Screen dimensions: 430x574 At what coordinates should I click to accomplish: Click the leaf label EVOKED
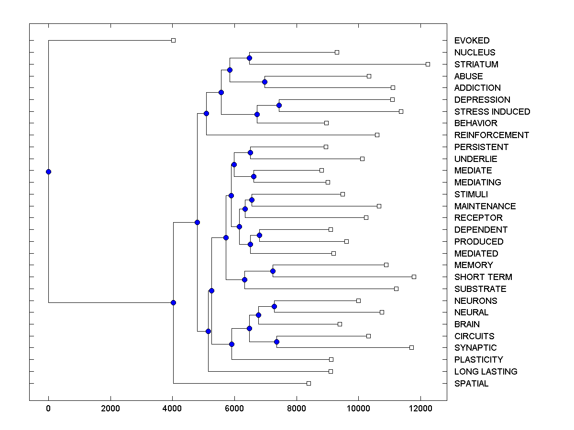(472, 41)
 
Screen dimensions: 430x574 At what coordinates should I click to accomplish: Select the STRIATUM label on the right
(476, 64)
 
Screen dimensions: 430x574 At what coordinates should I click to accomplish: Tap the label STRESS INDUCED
(492, 112)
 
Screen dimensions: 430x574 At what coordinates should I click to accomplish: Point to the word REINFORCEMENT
(492, 135)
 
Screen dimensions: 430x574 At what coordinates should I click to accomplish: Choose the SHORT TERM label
(483, 277)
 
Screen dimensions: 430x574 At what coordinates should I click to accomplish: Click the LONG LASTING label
(486, 372)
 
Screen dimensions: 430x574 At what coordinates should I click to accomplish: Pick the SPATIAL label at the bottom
(471, 384)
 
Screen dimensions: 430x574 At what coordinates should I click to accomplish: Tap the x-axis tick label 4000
(172, 408)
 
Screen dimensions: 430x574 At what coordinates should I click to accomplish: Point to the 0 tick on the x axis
(48, 408)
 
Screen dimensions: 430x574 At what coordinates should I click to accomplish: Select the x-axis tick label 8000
(297, 408)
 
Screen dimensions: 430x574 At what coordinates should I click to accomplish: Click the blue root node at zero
(48, 172)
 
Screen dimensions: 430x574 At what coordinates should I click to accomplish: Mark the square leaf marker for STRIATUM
(428, 64)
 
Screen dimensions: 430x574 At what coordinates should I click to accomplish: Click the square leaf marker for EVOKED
(173, 40)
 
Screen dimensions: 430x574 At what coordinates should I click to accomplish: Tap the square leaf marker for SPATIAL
(309, 383)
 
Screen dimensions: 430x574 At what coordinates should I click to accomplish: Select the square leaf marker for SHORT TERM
(414, 277)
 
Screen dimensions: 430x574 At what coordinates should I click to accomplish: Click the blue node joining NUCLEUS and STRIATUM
(249, 58)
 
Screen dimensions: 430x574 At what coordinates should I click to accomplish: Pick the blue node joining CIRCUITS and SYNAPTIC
(276, 342)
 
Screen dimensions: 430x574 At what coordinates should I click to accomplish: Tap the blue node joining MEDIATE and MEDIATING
(254, 176)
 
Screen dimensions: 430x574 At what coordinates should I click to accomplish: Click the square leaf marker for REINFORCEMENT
(377, 135)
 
